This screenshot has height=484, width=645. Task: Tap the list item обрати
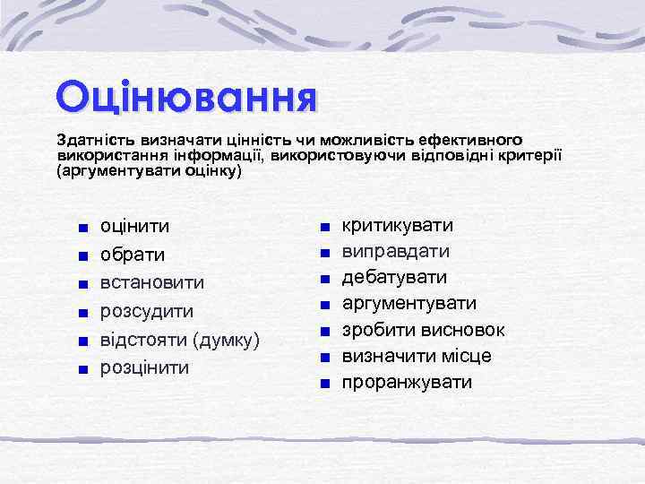(x=133, y=255)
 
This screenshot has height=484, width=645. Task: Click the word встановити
(x=152, y=282)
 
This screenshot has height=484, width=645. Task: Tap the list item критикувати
(x=398, y=224)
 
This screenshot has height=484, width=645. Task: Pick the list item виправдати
(x=396, y=251)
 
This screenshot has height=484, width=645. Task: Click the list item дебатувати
(x=395, y=277)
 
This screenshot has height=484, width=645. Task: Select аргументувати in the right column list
(x=409, y=303)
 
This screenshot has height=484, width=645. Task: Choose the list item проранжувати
(x=407, y=383)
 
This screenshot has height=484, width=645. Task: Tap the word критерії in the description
(x=530, y=155)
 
